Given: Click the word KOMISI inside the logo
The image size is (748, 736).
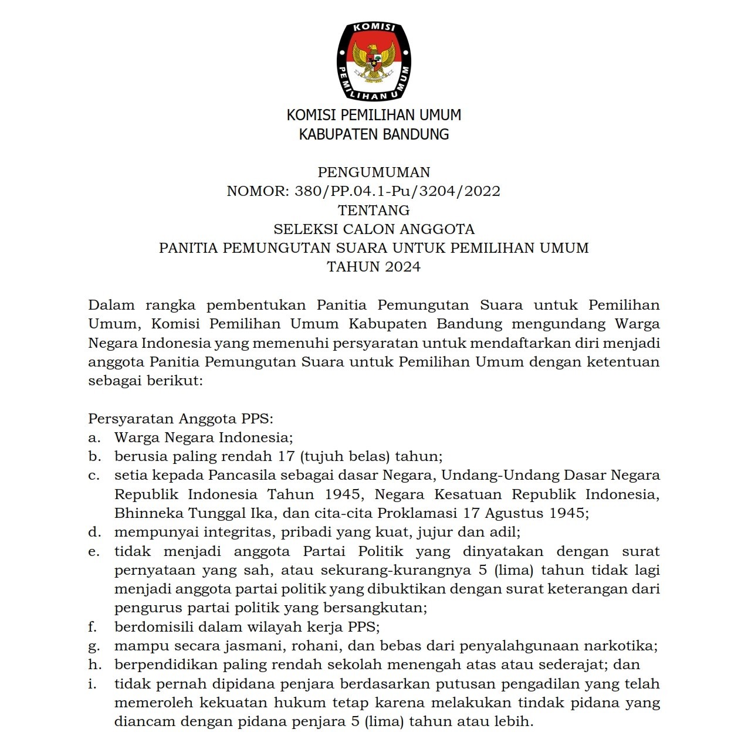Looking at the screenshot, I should pos(374,28).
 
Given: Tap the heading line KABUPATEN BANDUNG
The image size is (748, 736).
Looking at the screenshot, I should pos(374,134).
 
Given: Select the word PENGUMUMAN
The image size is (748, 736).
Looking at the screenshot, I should pos(374,172).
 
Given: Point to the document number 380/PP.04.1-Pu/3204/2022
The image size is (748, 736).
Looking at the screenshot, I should pos(397,191).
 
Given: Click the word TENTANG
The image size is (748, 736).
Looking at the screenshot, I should pos(374,210).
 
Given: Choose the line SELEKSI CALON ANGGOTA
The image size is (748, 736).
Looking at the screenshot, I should pos(374,229).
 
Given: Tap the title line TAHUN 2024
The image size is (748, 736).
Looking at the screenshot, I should pos(374,267).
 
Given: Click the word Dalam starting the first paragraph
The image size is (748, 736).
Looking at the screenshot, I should pos(111,305).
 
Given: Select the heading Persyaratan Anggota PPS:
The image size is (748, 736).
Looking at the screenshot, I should pos(181,419).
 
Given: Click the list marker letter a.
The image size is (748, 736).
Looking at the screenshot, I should pos(93,437).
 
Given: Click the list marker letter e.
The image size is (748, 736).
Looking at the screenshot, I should pos(93,551).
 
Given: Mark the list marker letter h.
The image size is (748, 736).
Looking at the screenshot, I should pos(93,664).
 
